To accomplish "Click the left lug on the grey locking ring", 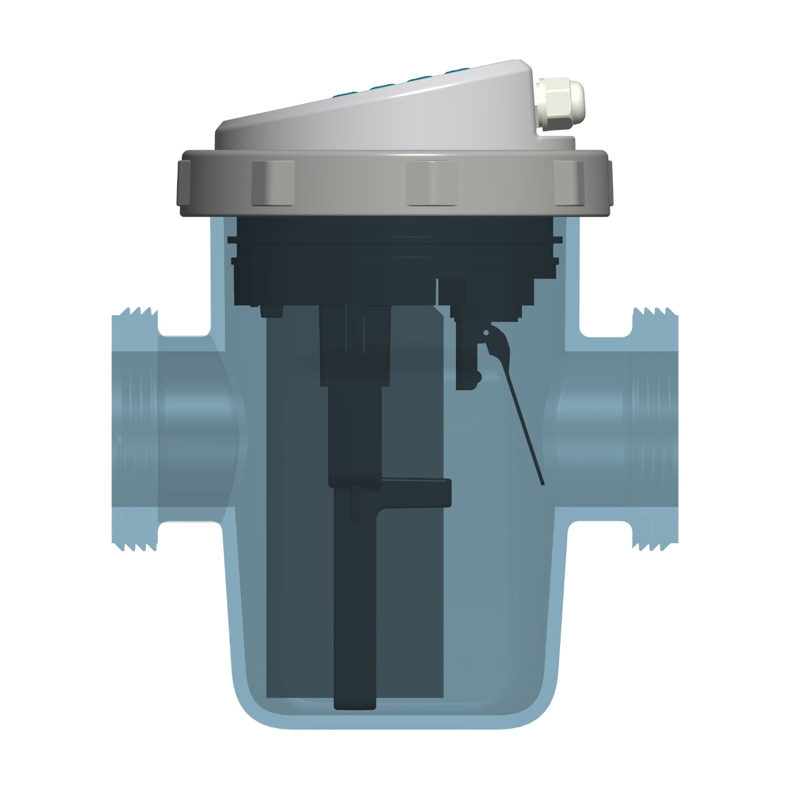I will (273, 183).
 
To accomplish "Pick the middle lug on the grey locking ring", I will (431, 183).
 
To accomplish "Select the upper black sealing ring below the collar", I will (395, 240).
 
